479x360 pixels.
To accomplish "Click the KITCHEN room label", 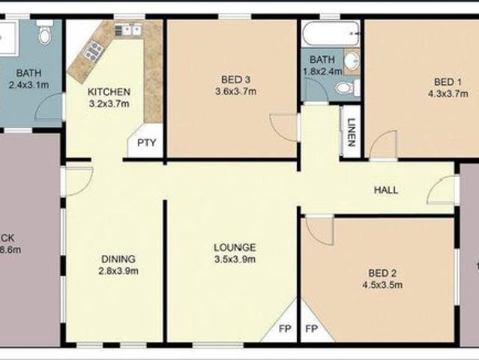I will [109, 92].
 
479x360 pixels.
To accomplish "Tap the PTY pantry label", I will [145, 145].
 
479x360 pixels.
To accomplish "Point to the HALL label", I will [386, 190].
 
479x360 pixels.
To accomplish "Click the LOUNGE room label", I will [235, 247].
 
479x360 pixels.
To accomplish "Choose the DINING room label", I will [118, 259].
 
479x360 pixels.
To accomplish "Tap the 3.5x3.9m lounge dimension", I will [235, 259].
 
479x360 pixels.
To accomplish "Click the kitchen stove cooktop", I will [94, 51].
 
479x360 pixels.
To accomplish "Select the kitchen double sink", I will [127, 30].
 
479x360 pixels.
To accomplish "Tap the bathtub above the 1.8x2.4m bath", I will [330, 34].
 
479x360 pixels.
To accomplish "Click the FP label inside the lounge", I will [285, 328].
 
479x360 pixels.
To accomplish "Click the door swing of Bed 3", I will [283, 126].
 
